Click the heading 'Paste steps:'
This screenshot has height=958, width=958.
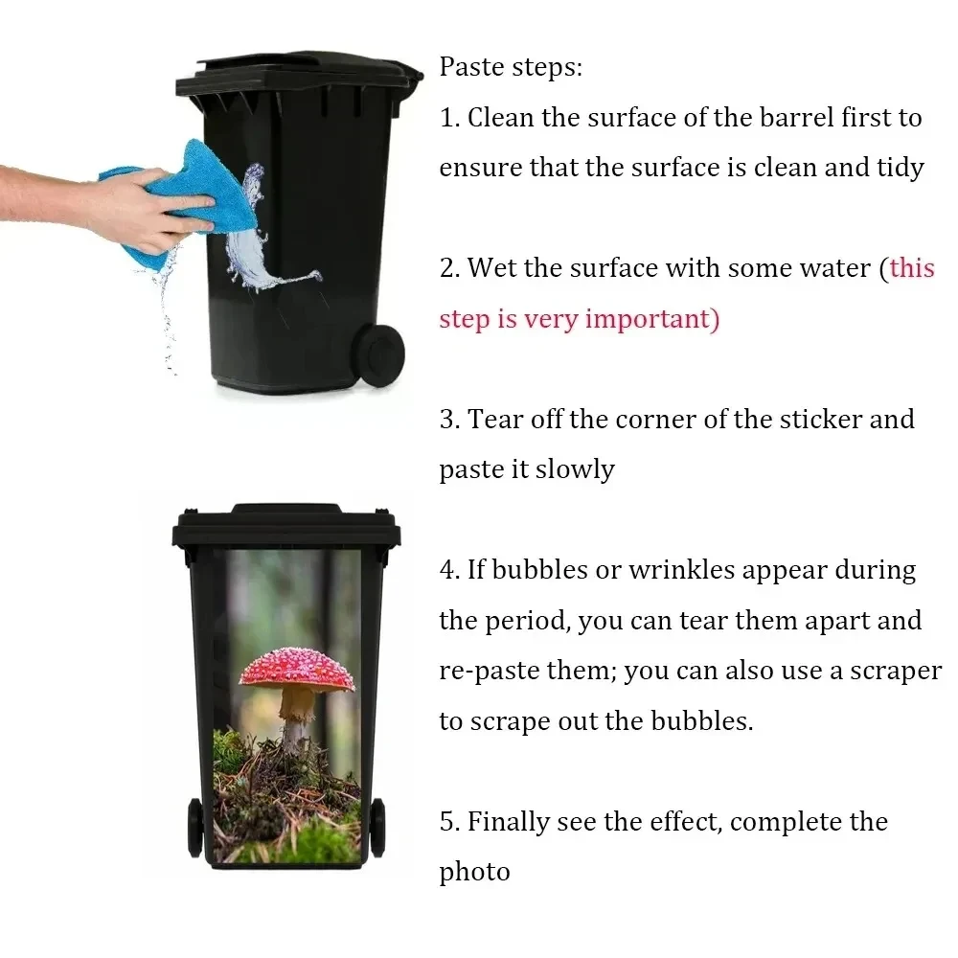click(x=511, y=67)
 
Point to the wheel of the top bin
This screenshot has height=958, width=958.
click(x=380, y=355)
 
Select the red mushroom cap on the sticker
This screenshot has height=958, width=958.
click(x=297, y=670)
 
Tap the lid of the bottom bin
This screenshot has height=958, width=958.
click(x=286, y=524)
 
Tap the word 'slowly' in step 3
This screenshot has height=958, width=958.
click(x=575, y=470)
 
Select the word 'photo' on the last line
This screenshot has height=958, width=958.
click(x=475, y=873)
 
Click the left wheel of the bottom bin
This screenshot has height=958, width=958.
click(x=194, y=827)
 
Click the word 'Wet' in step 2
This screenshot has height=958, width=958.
click(x=491, y=268)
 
